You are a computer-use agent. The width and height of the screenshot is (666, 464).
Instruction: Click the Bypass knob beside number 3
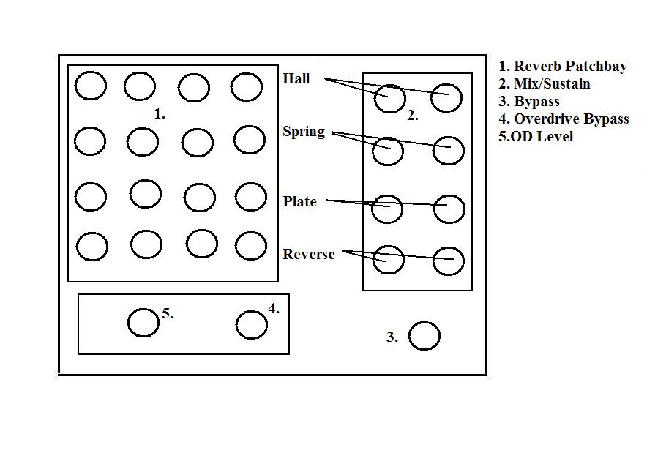tap(424, 336)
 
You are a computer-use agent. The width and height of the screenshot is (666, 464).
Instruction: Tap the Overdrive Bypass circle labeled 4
tap(252, 325)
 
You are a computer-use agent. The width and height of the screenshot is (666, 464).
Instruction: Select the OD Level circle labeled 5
tap(143, 322)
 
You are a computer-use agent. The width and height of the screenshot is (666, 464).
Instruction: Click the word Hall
tap(296, 79)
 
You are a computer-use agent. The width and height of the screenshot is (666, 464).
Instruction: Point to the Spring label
tap(304, 132)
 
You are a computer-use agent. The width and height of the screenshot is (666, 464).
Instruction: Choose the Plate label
tap(300, 202)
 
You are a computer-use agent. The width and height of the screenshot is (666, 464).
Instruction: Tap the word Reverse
tap(309, 255)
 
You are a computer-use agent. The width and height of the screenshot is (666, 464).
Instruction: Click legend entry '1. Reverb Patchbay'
tap(563, 67)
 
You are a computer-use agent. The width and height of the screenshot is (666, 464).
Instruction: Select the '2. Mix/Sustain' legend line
tap(545, 84)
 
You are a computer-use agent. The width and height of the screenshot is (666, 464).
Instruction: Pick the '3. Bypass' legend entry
tap(529, 102)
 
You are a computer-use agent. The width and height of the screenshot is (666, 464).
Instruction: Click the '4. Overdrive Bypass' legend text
tap(564, 119)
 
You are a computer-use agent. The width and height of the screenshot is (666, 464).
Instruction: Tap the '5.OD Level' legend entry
tap(536, 137)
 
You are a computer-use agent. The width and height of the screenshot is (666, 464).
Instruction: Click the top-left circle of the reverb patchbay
tap(91, 86)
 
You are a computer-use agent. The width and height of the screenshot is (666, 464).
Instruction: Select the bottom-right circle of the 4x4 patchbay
tap(251, 246)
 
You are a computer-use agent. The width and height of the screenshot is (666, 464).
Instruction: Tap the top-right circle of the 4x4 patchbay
tap(247, 87)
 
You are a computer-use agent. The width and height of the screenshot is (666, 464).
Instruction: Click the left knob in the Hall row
tap(390, 98)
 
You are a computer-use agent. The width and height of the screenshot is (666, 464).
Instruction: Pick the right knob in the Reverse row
tap(448, 261)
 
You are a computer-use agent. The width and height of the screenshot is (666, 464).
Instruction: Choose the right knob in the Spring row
tap(449, 151)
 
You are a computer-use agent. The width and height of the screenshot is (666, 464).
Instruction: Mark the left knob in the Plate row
tap(386, 209)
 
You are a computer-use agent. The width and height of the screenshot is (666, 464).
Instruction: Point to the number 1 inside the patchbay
tap(160, 114)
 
